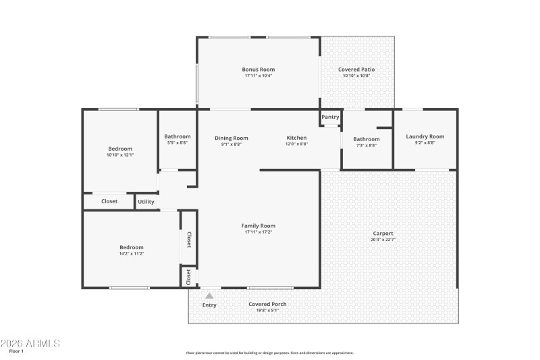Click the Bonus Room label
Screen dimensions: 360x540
coord(259,70)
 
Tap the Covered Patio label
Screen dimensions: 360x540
coord(356,70)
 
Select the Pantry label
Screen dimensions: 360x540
coord(330,117)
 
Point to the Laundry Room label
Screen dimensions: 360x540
coord(425,136)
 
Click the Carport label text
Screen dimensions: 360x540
coord(382,234)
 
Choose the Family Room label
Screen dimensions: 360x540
coord(259,226)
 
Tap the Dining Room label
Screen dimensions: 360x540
coord(232,138)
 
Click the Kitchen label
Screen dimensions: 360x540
coord(296,138)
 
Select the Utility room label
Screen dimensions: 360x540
coord(146,202)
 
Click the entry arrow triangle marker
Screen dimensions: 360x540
coord(209,296)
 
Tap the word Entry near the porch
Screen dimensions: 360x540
coord(210,305)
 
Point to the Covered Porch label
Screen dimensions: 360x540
coord(267,304)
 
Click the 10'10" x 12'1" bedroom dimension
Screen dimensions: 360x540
coord(120,155)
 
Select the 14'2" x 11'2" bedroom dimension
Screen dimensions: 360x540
coord(131,253)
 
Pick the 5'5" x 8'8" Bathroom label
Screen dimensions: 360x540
coord(178,136)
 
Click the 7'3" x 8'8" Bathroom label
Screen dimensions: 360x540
coord(367,139)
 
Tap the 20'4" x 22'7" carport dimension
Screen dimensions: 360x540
coord(382,240)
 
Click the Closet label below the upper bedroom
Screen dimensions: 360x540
coord(109,201)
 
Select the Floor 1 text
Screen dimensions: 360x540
coord(16,351)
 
